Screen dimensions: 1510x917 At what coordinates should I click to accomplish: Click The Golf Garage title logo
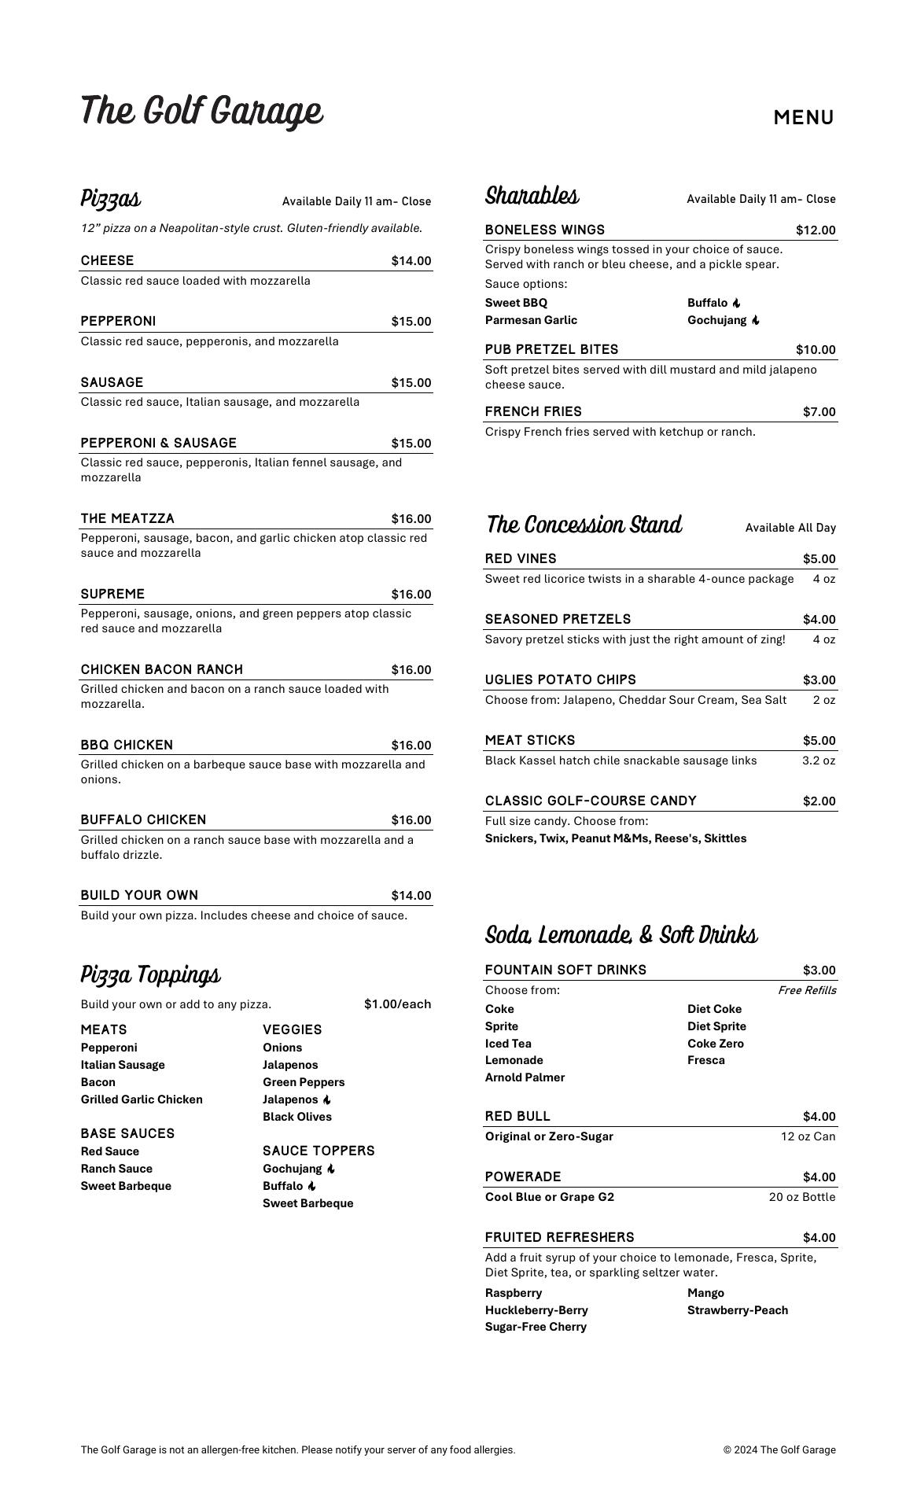[201, 111]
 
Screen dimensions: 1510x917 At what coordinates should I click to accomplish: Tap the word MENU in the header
[803, 118]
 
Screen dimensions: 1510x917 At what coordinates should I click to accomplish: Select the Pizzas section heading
[111, 198]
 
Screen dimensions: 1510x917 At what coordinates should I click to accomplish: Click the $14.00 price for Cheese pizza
[411, 261]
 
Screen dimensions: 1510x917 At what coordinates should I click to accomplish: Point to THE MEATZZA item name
[127, 519]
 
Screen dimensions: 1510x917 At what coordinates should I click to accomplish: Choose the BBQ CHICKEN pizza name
[127, 746]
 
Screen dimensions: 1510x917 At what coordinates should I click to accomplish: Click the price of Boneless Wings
[816, 230]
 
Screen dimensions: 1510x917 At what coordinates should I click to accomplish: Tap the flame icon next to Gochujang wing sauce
[756, 320]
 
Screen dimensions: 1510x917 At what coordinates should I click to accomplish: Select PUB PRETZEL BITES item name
[551, 350]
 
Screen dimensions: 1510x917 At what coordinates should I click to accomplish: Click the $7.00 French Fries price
[819, 412]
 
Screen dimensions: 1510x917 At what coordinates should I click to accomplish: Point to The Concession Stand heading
[584, 525]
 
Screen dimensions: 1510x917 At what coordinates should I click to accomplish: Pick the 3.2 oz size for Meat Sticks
[819, 761]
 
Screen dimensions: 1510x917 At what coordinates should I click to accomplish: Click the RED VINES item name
[521, 559]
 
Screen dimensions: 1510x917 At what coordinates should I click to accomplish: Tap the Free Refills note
[807, 990]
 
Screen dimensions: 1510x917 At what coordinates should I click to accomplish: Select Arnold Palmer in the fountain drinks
[525, 1077]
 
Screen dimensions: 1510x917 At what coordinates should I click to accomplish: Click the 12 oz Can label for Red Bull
[808, 1136]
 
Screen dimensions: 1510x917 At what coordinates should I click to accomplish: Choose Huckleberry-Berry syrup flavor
[536, 1310]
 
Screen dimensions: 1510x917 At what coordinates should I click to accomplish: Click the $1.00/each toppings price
[397, 1004]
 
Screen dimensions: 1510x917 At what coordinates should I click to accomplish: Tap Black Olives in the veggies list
[297, 1117]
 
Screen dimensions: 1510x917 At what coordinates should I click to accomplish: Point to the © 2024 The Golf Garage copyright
[779, 1450]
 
